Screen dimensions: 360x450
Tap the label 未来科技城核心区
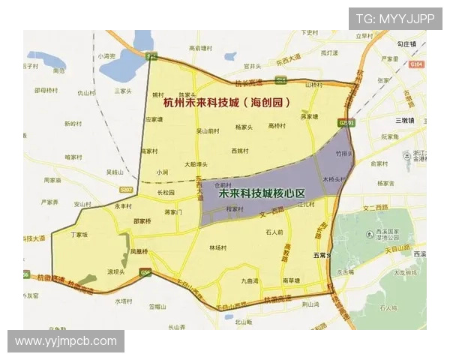pos(262,193)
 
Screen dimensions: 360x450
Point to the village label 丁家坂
pos(79,235)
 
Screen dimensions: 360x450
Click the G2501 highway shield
pos(346,121)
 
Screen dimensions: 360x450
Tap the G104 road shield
pos(417,64)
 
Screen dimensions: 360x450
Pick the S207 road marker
pos(125,189)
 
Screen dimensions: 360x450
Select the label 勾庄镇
pos(408,44)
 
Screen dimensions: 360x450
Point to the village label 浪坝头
pos(116,271)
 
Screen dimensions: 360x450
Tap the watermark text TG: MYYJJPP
pos(394,19)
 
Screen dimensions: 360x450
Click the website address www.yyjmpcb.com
pos(66,341)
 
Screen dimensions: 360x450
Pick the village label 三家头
pos(123,91)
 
